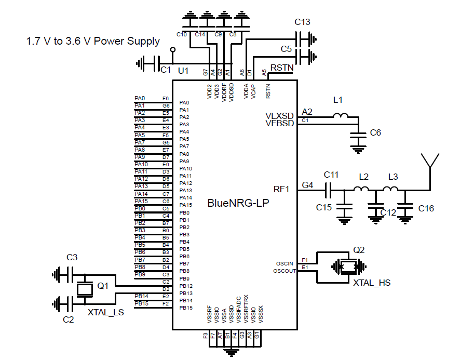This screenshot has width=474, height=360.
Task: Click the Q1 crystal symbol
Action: pyautogui.click(x=84, y=289)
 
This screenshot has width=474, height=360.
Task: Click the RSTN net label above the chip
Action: pyautogui.click(x=282, y=68)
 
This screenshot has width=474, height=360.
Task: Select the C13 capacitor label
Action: pyautogui.click(x=302, y=22)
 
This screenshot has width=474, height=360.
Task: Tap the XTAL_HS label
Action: pyautogui.click(x=372, y=283)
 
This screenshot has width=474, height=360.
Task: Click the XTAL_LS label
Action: pyautogui.click(x=105, y=312)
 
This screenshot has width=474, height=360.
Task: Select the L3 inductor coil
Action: pyautogui.click(x=391, y=189)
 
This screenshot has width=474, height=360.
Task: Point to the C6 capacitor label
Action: pyautogui.click(x=375, y=133)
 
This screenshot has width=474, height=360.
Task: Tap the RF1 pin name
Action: pyautogui.click(x=283, y=189)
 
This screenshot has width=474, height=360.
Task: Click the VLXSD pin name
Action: pyautogui.click(x=279, y=115)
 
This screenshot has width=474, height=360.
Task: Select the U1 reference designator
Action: pyautogui.click(x=183, y=70)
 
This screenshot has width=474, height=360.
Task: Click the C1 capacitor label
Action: pyautogui.click(x=166, y=70)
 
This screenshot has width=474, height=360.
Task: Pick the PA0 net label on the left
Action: pyautogui.click(x=140, y=98)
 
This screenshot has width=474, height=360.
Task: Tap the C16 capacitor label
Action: pyautogui.click(x=426, y=208)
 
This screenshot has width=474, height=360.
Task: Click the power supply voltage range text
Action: pyautogui.click(x=93, y=41)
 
